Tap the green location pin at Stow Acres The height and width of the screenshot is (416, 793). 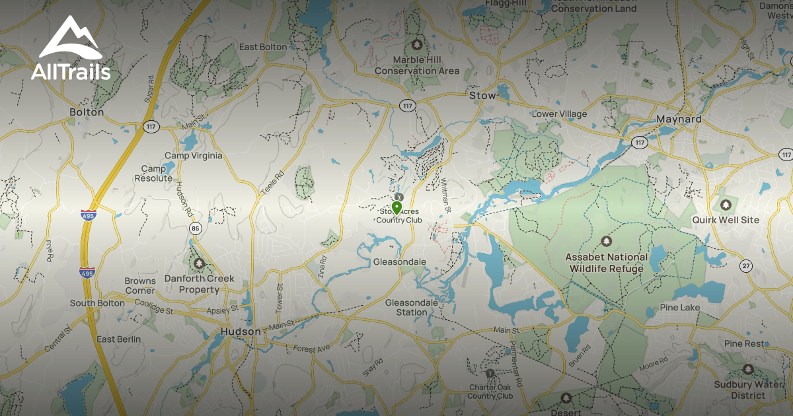pos(397,209)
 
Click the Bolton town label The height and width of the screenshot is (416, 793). pos(87,112)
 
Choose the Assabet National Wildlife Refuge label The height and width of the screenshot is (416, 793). pos(604,263)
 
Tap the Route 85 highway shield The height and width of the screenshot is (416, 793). pos(194,228)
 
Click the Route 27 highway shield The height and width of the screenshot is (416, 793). pos(746,265)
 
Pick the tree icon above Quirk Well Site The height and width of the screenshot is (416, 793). pos(726,205)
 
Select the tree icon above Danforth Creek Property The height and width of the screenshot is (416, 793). pos(200,263)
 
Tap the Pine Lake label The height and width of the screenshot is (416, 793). pos(680,308)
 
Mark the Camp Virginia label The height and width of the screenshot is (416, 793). pos(193,156)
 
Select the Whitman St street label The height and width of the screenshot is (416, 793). pos(445,195)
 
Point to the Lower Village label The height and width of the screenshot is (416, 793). pos(559,114)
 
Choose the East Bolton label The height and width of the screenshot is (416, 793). pos(263,47)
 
